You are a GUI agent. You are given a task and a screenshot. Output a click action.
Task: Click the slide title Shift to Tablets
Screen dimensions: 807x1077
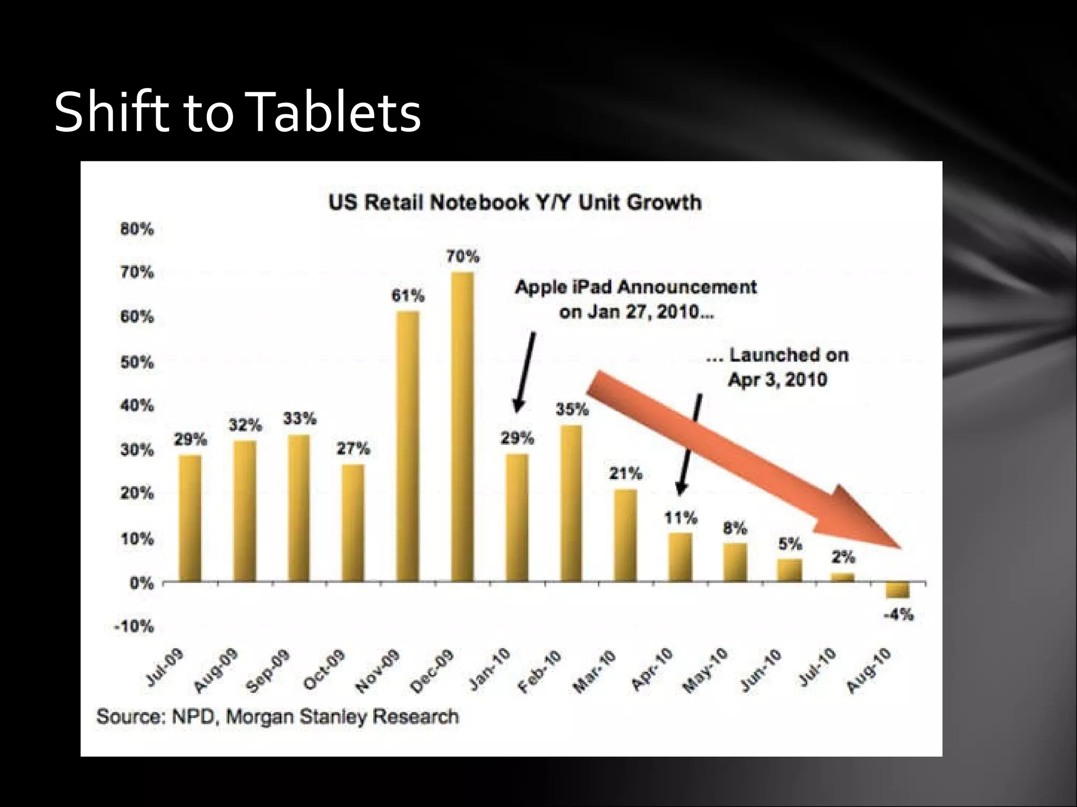point(237,112)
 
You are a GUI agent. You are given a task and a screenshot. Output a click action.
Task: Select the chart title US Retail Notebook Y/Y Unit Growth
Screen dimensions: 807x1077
point(514,202)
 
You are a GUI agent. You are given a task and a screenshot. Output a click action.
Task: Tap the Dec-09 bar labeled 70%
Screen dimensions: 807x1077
point(462,426)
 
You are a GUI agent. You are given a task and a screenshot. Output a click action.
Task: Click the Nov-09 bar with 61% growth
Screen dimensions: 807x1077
point(408,447)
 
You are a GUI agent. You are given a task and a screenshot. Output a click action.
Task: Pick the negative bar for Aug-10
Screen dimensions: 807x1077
point(897,590)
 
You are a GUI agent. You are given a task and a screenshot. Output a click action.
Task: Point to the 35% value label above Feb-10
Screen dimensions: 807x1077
point(572,409)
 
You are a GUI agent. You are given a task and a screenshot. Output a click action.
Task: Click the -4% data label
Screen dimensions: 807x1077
point(898,614)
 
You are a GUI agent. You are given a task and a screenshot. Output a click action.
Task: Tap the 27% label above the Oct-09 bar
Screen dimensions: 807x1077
point(353,448)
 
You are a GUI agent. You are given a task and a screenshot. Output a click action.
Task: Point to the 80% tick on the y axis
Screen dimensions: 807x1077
point(137,229)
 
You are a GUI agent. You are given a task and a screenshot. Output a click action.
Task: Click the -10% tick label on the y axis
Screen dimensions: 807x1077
point(134,626)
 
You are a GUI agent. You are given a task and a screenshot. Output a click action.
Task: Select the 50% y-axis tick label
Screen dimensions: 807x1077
point(137,363)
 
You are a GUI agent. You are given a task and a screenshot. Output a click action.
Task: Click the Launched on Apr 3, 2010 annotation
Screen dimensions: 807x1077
point(777,367)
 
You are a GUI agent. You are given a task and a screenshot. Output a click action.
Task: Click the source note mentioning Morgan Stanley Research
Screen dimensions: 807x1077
point(277,717)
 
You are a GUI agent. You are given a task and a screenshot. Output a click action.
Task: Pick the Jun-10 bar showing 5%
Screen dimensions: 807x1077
point(789,571)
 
